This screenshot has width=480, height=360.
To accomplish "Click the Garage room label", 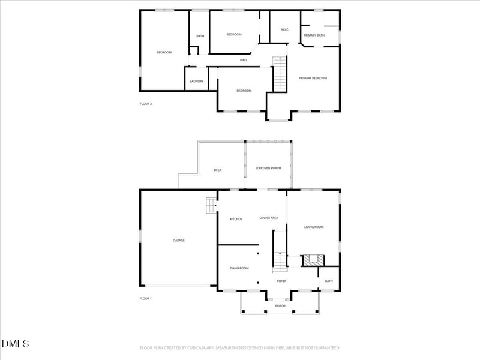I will (179, 240).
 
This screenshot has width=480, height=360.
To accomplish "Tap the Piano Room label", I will (239, 268).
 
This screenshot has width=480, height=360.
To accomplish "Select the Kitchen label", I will (236, 219).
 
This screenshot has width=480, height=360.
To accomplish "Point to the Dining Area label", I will (269, 218).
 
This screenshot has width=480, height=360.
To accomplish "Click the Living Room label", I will (314, 227).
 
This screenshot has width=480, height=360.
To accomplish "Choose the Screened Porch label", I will (268, 168).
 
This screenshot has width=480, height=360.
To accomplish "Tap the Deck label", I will (218, 170).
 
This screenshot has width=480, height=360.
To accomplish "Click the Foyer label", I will (281, 281).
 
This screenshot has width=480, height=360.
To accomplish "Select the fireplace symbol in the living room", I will (313, 260).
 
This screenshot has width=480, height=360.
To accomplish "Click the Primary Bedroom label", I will (313, 78).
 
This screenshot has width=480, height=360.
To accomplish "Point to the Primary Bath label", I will (314, 35).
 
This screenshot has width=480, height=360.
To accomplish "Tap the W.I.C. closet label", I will (286, 30).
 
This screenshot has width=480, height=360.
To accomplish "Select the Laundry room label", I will (197, 82).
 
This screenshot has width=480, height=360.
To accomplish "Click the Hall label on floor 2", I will (244, 60).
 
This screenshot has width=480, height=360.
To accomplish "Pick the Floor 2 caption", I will (146, 104).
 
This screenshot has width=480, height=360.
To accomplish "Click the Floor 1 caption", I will (146, 298).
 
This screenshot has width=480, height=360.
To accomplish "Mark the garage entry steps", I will (211, 205).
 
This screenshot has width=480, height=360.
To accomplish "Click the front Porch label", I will (280, 306).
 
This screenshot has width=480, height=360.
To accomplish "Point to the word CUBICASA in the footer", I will (207, 347).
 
